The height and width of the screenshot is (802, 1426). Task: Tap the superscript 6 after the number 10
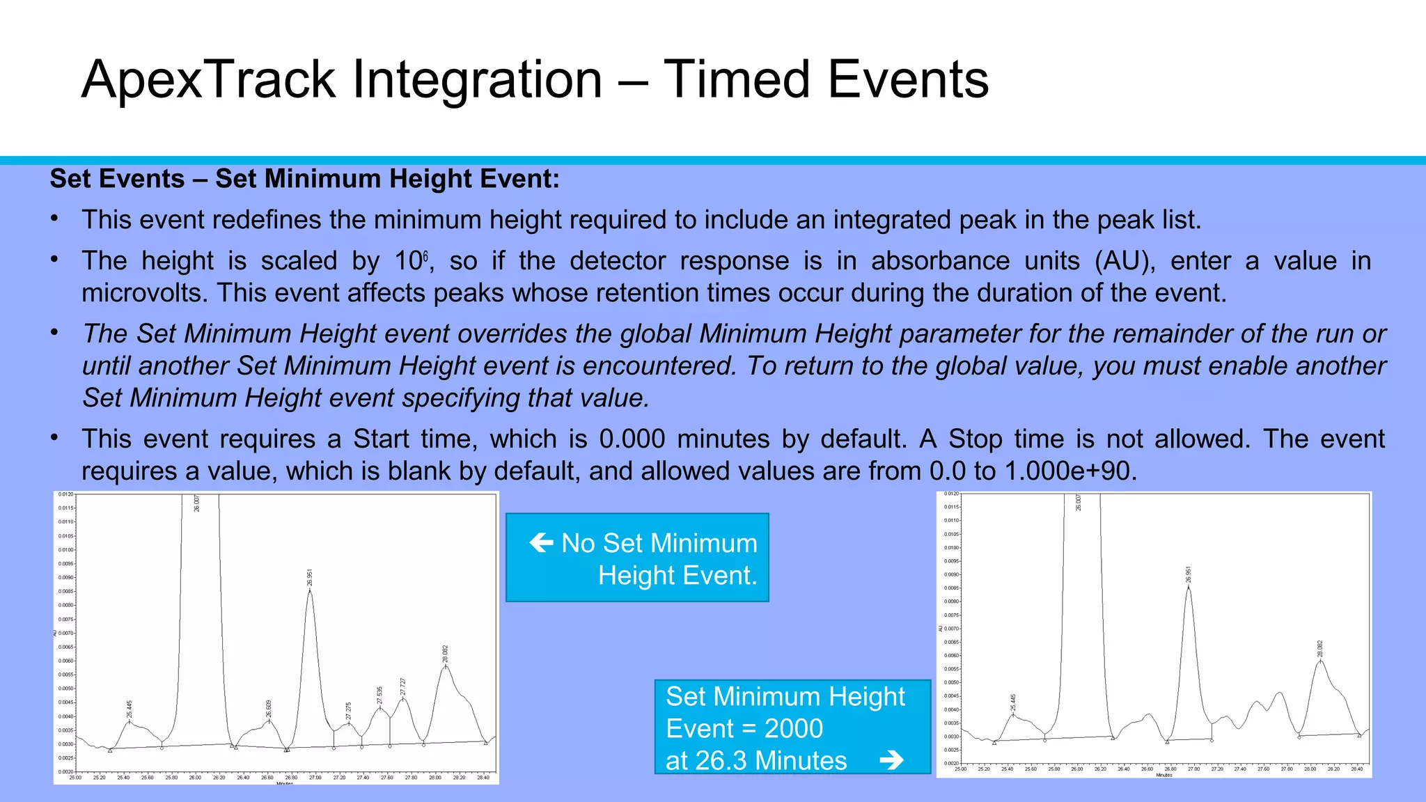(425, 256)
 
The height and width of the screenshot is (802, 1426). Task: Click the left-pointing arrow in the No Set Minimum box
(541, 542)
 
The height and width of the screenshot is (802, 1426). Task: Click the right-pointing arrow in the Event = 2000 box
(891, 760)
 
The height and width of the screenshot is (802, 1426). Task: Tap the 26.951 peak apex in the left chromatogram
(310, 590)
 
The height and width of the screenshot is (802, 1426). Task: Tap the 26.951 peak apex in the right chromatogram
(1189, 587)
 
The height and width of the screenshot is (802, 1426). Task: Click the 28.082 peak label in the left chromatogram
(446, 654)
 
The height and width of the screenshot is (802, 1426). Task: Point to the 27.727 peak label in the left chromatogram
(402, 686)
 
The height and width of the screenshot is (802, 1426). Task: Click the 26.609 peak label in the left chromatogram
(269, 709)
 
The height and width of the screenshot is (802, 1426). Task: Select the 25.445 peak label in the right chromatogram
(1013, 702)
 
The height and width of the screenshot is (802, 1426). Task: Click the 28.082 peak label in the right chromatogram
(1319, 649)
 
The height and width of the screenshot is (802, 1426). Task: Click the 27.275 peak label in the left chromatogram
(348, 711)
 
